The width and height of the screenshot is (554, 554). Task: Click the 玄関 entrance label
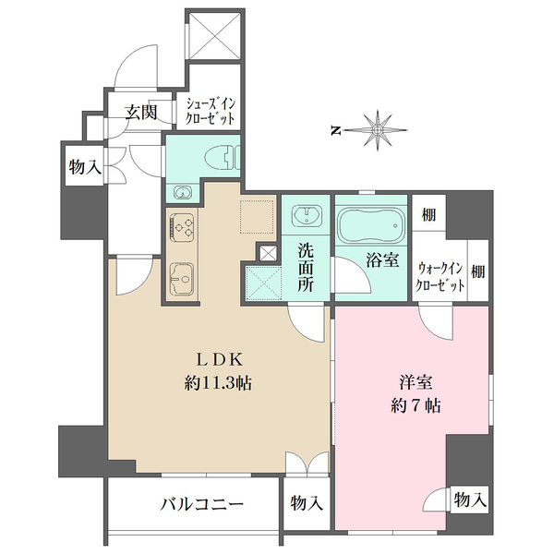coord(141,113)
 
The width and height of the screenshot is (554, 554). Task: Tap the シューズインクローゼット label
coord(211,112)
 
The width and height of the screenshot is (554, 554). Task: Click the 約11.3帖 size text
coord(217,381)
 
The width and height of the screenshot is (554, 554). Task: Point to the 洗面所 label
coord(307,266)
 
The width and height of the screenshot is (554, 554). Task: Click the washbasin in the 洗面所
coord(305,217)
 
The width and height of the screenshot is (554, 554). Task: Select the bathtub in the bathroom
coord(370,224)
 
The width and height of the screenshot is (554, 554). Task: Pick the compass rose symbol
coord(378,129)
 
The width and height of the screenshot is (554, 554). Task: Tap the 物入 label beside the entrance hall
coord(84,167)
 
